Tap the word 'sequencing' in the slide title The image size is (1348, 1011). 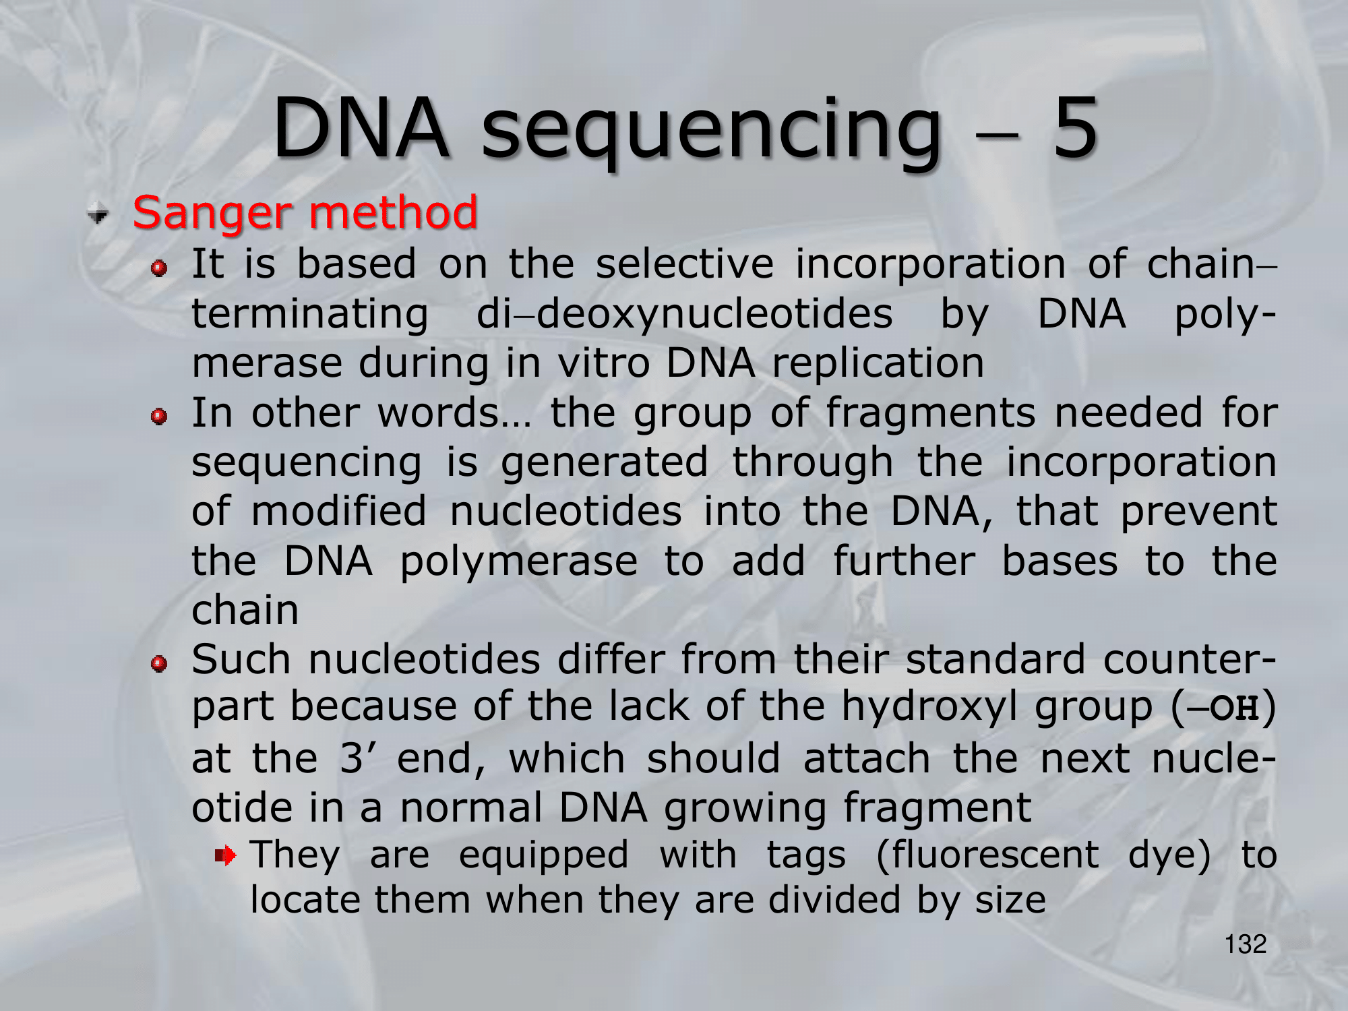[710, 132]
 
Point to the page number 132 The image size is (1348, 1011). [1246, 944]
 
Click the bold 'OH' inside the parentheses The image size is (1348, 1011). [1234, 708]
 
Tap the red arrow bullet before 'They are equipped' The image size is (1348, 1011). [226, 856]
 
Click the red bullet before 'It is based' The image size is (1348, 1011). [159, 268]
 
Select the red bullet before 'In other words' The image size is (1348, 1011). [159, 417]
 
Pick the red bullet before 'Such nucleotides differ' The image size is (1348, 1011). [159, 663]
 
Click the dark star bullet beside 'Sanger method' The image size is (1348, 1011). [98, 214]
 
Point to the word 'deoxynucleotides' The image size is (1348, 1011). [714, 314]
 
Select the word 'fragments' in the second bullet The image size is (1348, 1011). [930, 414]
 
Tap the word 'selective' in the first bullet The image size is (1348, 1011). [685, 264]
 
